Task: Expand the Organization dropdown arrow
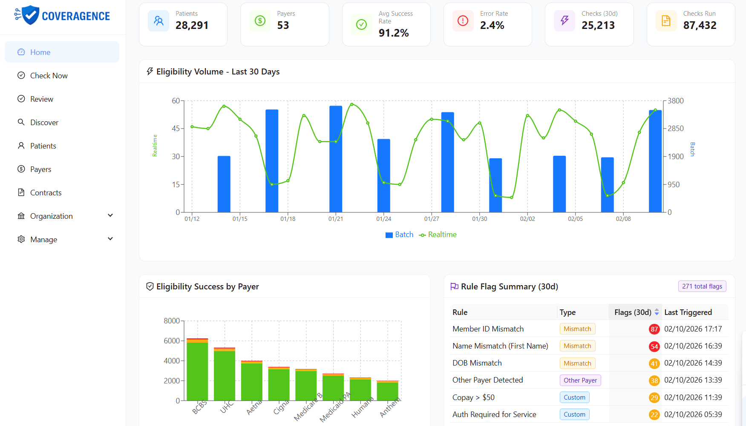click(110, 215)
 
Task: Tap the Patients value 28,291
click(192, 26)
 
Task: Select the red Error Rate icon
click(463, 20)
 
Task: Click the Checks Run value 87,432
click(700, 26)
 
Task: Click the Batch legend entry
click(399, 234)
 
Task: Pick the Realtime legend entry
click(438, 234)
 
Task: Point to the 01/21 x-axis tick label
click(336, 219)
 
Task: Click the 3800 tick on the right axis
click(676, 101)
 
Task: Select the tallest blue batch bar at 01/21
click(336, 159)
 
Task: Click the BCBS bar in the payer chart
click(197, 369)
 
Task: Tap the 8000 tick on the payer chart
click(172, 321)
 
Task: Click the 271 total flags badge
click(702, 286)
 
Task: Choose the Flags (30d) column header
click(633, 312)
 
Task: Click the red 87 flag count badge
click(654, 329)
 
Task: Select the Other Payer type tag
click(580, 380)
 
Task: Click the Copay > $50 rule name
click(473, 397)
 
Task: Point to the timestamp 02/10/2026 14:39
click(693, 363)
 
